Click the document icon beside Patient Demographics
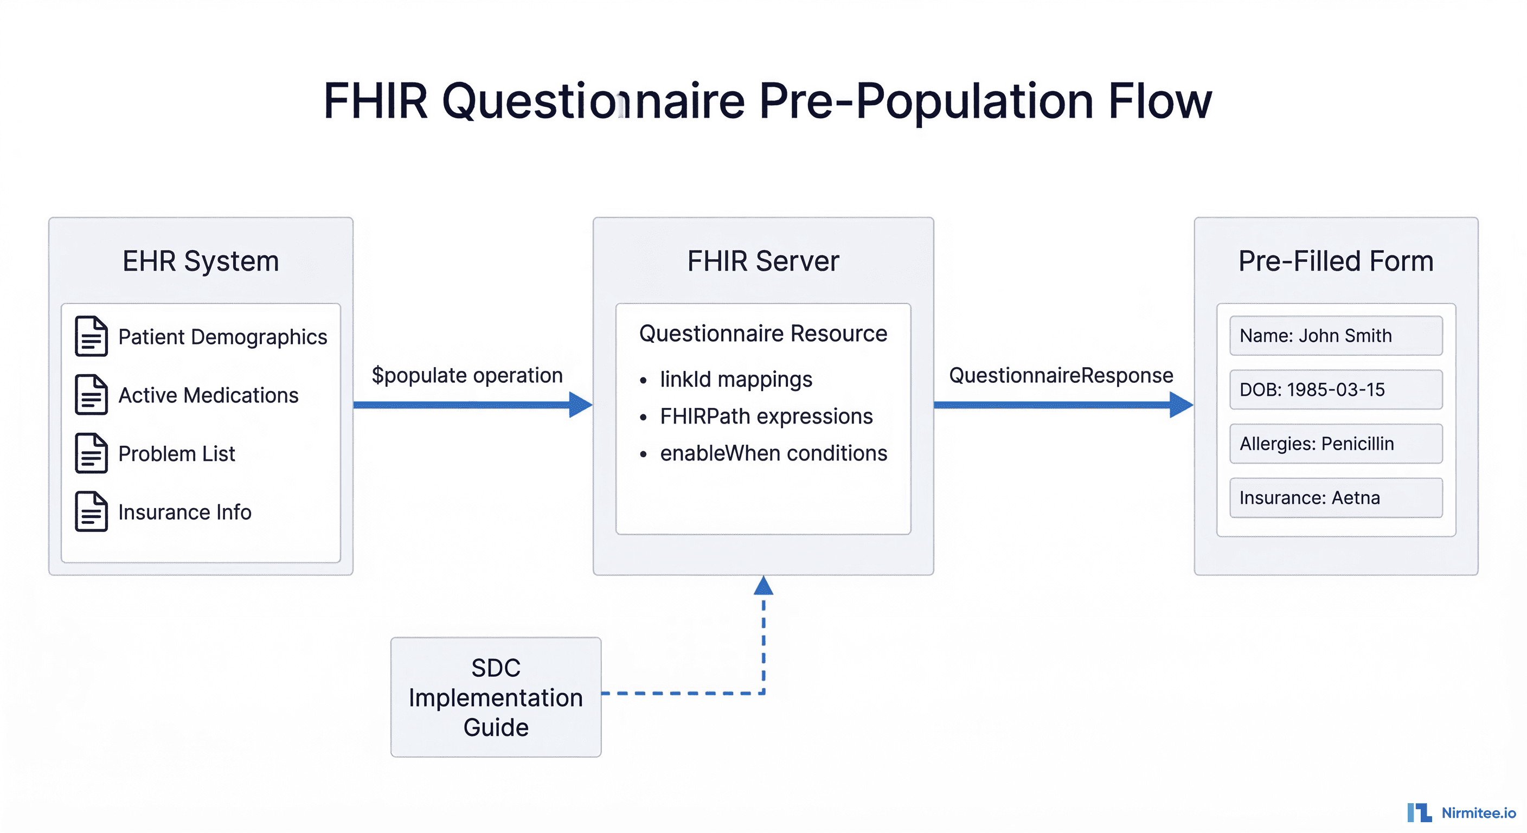[91, 336]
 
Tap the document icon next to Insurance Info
[91, 511]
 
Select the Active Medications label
[208, 395]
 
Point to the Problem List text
[176, 453]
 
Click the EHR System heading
[200, 261]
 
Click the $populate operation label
[466, 375]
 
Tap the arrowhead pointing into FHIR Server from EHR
[580, 405]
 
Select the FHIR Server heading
[763, 261]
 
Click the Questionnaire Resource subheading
[763, 334]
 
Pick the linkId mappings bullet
[736, 380]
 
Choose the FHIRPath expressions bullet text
[766, 416]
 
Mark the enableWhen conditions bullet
[773, 453]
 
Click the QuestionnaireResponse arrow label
[1061, 375]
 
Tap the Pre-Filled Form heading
[1336, 261]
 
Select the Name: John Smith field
[1336, 336]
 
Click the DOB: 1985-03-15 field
[1336, 389]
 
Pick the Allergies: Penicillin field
[1336, 444]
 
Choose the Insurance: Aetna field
[1336, 497]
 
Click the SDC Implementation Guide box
[496, 697]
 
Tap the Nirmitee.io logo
[1461, 812]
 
